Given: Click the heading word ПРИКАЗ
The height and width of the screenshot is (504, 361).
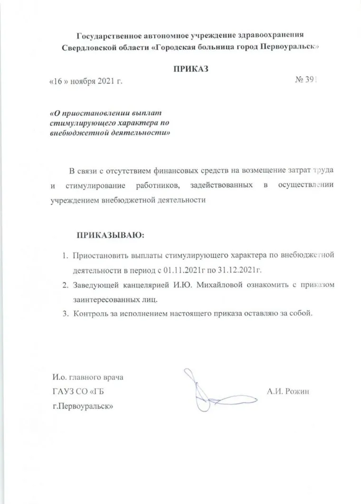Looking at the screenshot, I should point(190,69).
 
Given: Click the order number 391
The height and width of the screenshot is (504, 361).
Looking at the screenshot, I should point(309,81).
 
